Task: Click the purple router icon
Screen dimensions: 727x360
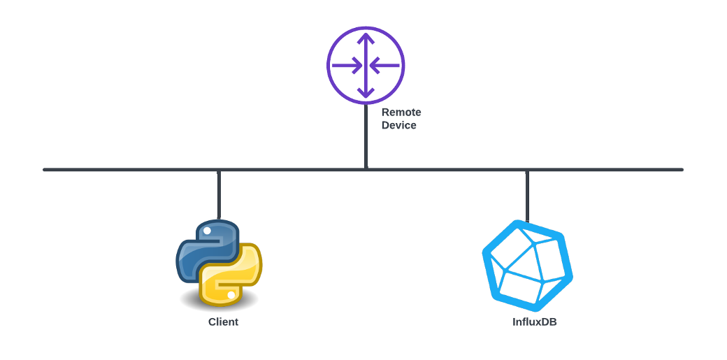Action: click(x=366, y=66)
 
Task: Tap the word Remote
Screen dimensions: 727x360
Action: click(x=401, y=113)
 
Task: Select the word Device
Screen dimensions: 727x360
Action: click(x=398, y=125)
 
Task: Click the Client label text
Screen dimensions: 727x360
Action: click(x=223, y=322)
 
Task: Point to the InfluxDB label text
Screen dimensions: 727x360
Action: click(x=535, y=322)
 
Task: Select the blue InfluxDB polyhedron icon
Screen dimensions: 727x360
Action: click(x=528, y=266)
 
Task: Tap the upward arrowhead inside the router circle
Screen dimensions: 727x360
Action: click(x=366, y=38)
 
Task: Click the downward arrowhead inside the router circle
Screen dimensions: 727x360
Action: click(x=366, y=93)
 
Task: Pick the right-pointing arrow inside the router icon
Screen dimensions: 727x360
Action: click(x=347, y=66)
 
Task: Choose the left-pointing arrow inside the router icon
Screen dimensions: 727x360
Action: click(x=384, y=66)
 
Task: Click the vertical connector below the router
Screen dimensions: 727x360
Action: click(x=366, y=136)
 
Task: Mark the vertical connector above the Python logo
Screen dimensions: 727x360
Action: click(x=219, y=195)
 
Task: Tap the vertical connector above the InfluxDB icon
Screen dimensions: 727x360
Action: click(x=527, y=196)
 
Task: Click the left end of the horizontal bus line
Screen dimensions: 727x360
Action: click(x=44, y=170)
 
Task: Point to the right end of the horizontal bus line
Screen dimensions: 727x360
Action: click(x=682, y=170)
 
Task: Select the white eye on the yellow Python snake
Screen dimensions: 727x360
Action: click(x=231, y=294)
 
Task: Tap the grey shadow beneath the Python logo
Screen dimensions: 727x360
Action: click(x=219, y=301)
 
